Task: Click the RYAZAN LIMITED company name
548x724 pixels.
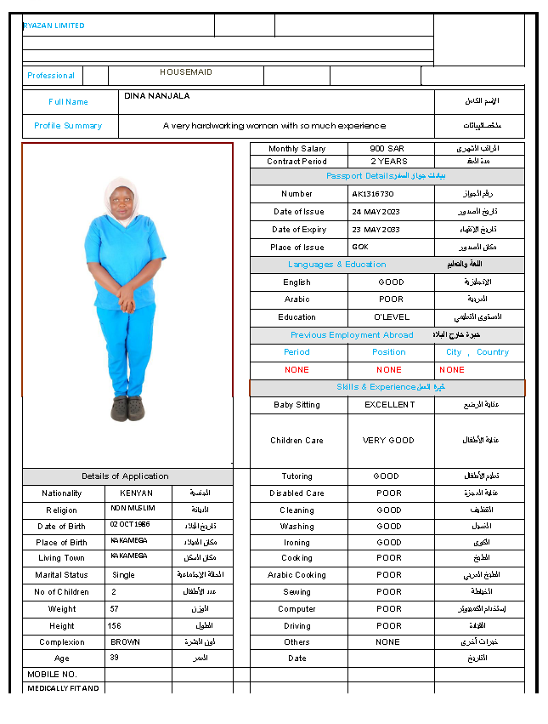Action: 54,26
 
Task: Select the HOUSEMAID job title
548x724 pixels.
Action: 186,73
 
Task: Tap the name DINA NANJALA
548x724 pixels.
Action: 157,96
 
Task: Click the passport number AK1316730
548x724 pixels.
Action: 373,194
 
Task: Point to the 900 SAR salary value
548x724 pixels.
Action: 387,149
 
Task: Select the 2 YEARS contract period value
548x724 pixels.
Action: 389,162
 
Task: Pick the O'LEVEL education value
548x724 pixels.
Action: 392,317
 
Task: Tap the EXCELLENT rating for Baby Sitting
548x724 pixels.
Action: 390,405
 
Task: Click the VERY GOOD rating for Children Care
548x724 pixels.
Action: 389,441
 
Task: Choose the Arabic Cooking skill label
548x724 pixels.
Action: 297,575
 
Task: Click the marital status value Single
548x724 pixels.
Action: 123,575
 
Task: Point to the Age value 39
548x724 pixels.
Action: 116,658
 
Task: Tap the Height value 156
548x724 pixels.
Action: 115,626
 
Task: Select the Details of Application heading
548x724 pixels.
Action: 126,476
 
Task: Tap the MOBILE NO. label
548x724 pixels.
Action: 52,674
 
